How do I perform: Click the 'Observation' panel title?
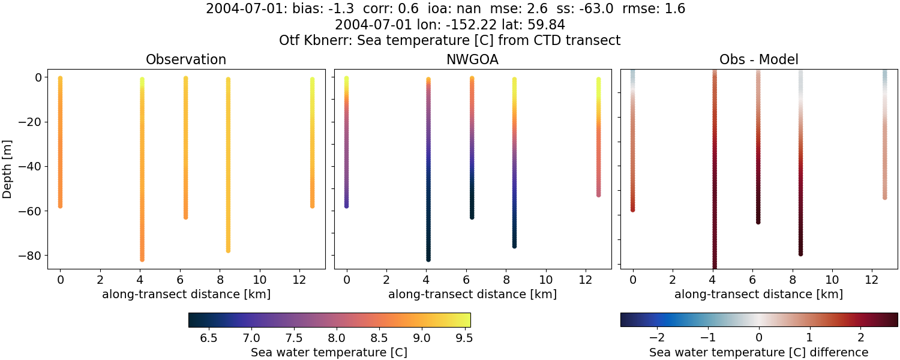coord(186,59)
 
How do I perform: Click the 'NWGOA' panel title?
coord(472,59)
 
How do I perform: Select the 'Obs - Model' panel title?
coord(758,59)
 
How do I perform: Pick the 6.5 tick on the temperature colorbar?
coord(208,338)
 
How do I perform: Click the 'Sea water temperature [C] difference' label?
coord(758,352)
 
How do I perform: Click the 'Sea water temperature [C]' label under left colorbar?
coord(329,352)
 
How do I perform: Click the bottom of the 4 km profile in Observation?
coord(142,259)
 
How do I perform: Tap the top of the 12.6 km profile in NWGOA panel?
coord(598,79)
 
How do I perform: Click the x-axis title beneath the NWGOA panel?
coord(472,295)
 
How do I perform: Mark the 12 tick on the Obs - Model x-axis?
coord(872,280)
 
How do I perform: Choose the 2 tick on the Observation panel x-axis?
coord(100,280)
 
